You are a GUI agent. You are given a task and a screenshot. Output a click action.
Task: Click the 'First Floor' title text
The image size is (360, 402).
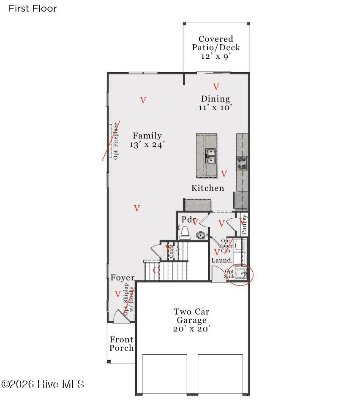33,8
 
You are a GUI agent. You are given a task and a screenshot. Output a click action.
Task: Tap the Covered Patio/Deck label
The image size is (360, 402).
215,47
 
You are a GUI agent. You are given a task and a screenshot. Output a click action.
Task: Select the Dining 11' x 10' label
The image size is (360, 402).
215,103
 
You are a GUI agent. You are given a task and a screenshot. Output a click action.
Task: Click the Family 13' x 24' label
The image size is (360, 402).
147,140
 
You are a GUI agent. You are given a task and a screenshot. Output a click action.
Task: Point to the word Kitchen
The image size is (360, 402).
207,188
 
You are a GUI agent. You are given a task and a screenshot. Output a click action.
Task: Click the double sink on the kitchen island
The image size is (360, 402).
210,156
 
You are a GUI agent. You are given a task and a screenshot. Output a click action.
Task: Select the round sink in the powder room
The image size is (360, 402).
201,235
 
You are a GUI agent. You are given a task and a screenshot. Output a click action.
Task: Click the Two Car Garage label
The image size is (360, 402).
191,320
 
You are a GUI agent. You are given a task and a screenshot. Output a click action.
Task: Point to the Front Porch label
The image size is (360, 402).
122,344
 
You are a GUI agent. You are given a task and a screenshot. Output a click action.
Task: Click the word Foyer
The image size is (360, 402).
123,278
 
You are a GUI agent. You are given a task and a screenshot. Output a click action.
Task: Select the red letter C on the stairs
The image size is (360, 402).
156,270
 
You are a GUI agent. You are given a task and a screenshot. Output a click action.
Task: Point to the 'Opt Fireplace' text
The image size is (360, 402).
116,141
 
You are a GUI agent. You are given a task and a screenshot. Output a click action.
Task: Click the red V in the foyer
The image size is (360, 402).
118,294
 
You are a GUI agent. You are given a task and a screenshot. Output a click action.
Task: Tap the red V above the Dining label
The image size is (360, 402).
216,87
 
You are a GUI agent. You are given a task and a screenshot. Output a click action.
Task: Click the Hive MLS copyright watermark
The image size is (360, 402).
43,384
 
